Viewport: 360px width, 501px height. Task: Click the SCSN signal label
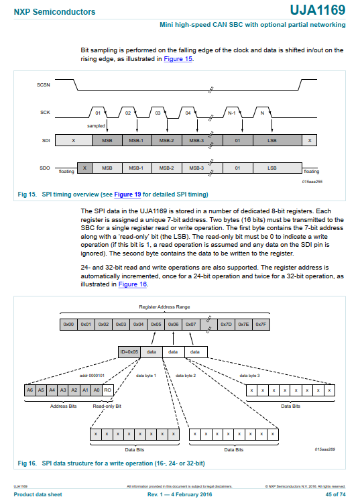pos(42,86)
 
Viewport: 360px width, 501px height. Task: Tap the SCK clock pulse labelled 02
pos(128,113)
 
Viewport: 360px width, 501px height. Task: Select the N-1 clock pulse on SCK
pos(232,113)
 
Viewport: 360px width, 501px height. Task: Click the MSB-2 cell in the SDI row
pos(167,141)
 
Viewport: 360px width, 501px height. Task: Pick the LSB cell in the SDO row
pos(272,168)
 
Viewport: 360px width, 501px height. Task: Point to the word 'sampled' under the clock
pos(97,125)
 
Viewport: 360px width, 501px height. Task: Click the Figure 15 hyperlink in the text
pos(178,59)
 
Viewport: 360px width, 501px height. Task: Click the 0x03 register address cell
pos(121,325)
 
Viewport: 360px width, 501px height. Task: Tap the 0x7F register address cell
pos(261,325)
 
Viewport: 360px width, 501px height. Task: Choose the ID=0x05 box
pos(128,351)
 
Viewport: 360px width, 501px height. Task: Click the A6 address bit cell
pos(29,390)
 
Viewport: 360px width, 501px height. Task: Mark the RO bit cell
pos(107,390)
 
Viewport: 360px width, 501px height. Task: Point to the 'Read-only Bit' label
pos(107,406)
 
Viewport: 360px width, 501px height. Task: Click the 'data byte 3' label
pos(249,376)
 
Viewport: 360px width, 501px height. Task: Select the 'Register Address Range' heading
pos(164,307)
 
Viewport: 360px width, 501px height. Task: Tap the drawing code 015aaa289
pos(326,450)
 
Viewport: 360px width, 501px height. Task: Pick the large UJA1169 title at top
pos(318,10)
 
